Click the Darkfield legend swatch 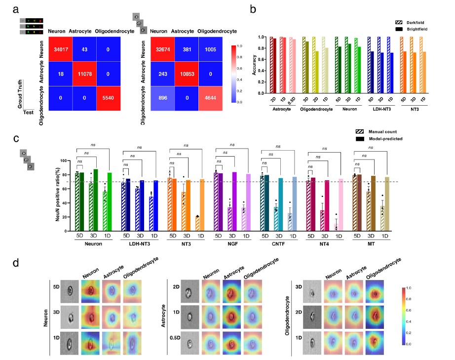[399, 23]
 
